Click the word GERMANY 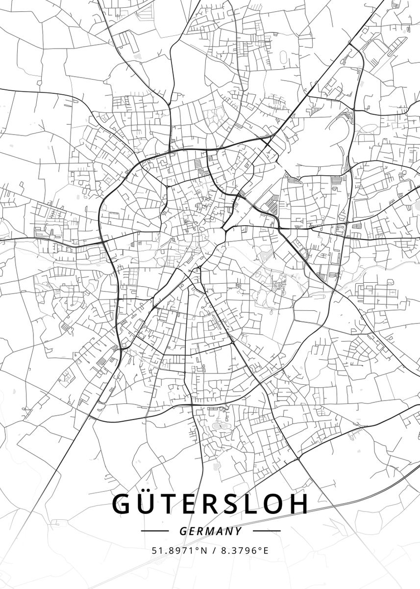[x=211, y=531]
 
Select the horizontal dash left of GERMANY [x=155, y=531]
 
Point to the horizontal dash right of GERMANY [x=267, y=531]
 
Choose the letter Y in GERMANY [x=238, y=531]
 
